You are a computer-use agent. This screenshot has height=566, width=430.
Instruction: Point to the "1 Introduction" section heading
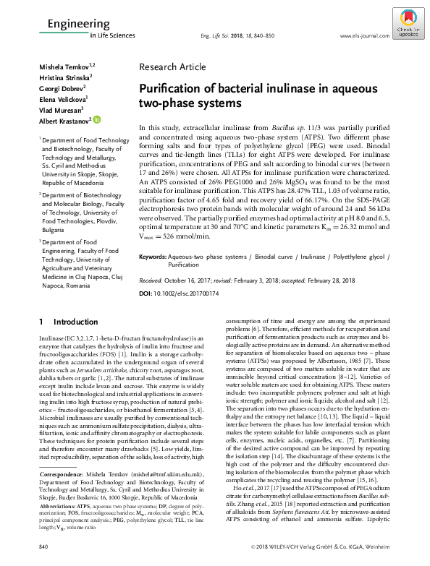coord(63,321)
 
